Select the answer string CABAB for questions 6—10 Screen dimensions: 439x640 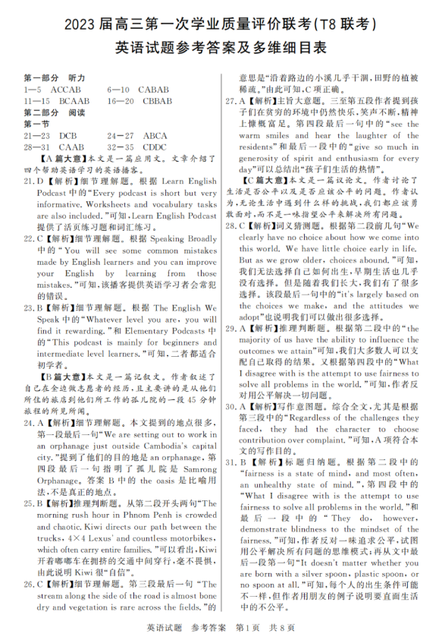154,89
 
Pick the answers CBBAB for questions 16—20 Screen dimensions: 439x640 157,100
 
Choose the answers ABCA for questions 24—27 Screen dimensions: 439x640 155,135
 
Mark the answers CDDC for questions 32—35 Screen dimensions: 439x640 155,147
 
